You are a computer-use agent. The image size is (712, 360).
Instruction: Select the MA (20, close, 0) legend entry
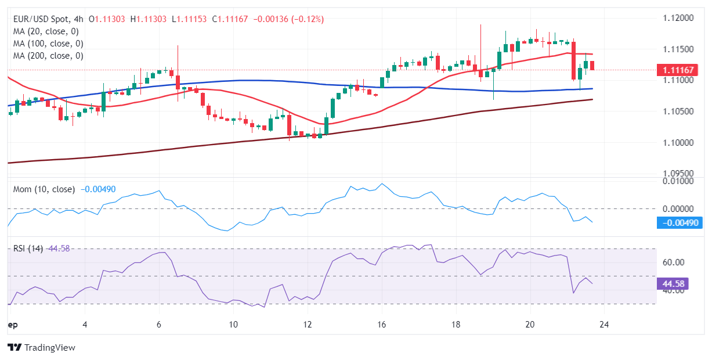point(46,31)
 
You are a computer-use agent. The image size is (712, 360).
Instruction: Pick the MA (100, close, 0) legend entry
point(48,44)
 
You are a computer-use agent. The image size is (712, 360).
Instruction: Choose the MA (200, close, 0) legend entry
point(48,56)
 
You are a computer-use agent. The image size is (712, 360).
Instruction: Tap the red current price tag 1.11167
point(677,70)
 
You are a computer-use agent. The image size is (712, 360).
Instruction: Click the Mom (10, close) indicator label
point(44,189)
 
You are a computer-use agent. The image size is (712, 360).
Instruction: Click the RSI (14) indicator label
point(28,249)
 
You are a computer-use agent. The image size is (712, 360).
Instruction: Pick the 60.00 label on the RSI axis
point(673,262)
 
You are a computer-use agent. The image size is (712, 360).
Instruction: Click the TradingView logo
point(41,347)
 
